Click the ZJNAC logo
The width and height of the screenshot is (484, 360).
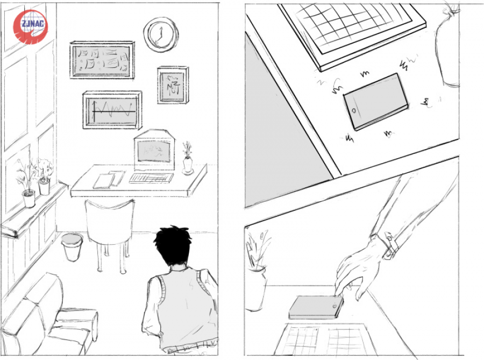pyautogui.click(x=30, y=26)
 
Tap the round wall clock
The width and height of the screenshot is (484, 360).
pyautogui.click(x=161, y=34)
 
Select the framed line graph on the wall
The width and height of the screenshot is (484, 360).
pyautogui.click(x=112, y=110)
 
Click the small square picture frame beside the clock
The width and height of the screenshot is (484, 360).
pyautogui.click(x=173, y=85)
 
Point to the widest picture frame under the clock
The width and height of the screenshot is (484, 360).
pyautogui.click(x=102, y=60)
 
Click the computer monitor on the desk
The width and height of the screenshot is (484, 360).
pyautogui.click(x=154, y=150)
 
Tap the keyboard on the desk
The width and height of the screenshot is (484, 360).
pyautogui.click(x=151, y=178)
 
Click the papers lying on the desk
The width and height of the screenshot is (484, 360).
pyautogui.click(x=109, y=179)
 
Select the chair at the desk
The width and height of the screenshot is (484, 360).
pyautogui.click(x=110, y=232)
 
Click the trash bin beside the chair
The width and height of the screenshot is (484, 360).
pyautogui.click(x=72, y=246)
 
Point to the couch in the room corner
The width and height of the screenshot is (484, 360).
pyautogui.click(x=46, y=315)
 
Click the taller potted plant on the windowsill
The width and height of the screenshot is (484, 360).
pyautogui.click(x=28, y=182)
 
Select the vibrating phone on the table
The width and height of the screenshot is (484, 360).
pyautogui.click(x=376, y=102)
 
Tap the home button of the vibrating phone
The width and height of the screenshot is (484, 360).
pyautogui.click(x=354, y=110)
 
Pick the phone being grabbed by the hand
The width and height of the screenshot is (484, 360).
pyautogui.click(x=316, y=307)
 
